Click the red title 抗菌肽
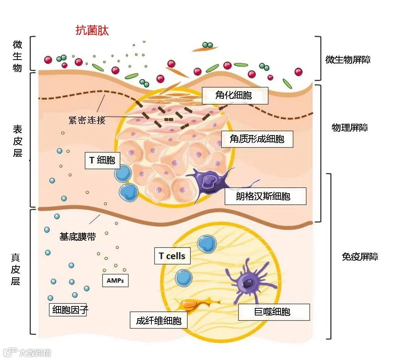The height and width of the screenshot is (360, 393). coord(92,30)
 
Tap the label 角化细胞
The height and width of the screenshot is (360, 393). coord(235,95)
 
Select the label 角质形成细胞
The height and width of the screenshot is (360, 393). coord(257,139)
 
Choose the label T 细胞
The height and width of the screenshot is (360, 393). coord(102,160)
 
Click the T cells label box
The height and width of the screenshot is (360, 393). coord(172,256)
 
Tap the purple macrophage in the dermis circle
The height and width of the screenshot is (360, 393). coord(248,282)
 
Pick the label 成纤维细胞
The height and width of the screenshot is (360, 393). coord(159,320)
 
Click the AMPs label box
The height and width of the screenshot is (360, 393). coord(115,281)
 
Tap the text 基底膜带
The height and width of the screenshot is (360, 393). coord(78,237)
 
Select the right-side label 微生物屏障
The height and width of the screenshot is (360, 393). coord(348,60)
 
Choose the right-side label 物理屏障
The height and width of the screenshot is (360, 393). coord(350,128)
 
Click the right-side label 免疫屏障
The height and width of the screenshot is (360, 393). coord(360,257)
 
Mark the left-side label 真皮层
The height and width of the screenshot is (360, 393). coord(15,269)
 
